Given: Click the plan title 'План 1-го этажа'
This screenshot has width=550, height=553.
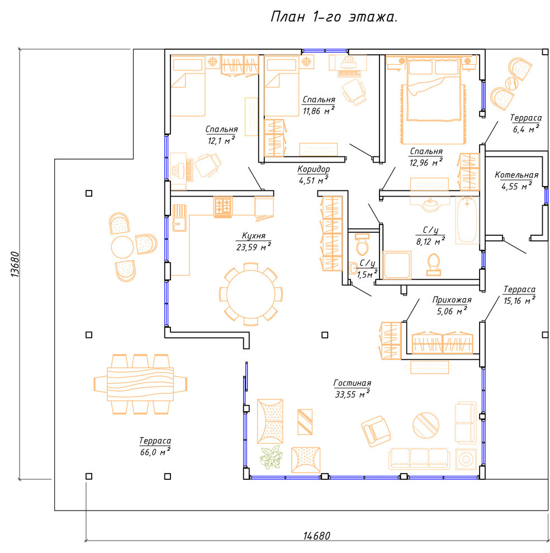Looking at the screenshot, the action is click(x=334, y=17).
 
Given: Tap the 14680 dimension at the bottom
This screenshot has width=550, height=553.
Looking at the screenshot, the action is click(x=317, y=536).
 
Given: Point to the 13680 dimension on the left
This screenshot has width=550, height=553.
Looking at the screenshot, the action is click(x=15, y=264).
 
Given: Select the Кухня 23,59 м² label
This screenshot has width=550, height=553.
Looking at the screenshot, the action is click(x=253, y=241).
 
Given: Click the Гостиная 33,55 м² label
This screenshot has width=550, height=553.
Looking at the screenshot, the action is click(x=352, y=389).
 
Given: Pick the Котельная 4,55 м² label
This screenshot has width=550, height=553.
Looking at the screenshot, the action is click(x=516, y=180).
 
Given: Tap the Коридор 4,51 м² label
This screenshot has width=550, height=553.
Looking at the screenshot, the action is click(x=314, y=175).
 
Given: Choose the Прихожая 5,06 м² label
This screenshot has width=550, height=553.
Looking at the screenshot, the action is click(x=452, y=306).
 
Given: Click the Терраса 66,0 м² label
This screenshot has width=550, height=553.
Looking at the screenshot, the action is click(x=155, y=446).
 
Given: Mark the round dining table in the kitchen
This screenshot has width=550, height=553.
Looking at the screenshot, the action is click(x=250, y=294).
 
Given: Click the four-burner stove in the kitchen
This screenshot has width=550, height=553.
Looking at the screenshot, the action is click(x=223, y=206).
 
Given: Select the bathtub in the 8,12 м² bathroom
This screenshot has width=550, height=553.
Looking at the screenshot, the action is click(x=467, y=220).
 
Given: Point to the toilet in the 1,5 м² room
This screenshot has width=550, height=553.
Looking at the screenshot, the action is click(x=362, y=245).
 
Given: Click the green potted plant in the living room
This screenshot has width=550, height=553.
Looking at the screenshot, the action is click(x=271, y=457).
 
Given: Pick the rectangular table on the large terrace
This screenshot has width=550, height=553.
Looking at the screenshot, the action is click(x=140, y=384).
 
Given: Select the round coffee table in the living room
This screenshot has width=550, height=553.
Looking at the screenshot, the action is click(x=426, y=426).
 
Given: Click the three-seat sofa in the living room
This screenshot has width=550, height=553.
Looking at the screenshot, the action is click(x=419, y=459).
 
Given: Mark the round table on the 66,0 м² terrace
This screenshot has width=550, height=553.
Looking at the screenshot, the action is click(x=122, y=247).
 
